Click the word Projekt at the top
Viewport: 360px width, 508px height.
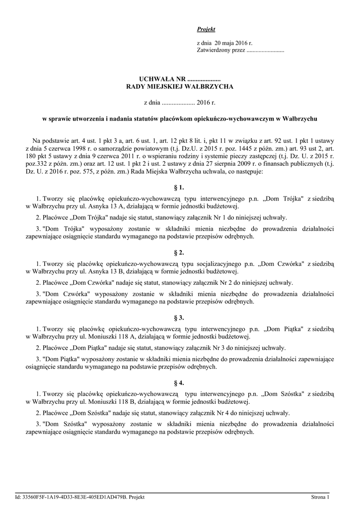tap(206, 30)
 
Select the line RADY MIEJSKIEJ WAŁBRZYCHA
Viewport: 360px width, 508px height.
tap(180, 87)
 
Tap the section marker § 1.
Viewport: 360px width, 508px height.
tap(180, 188)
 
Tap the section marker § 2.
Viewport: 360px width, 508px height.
tap(180, 253)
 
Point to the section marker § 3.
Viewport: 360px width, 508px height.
tap(180, 317)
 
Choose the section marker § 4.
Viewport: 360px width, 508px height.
tap(180, 383)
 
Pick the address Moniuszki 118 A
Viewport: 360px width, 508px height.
tap(105, 336)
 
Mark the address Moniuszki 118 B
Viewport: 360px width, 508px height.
tap(105, 402)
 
